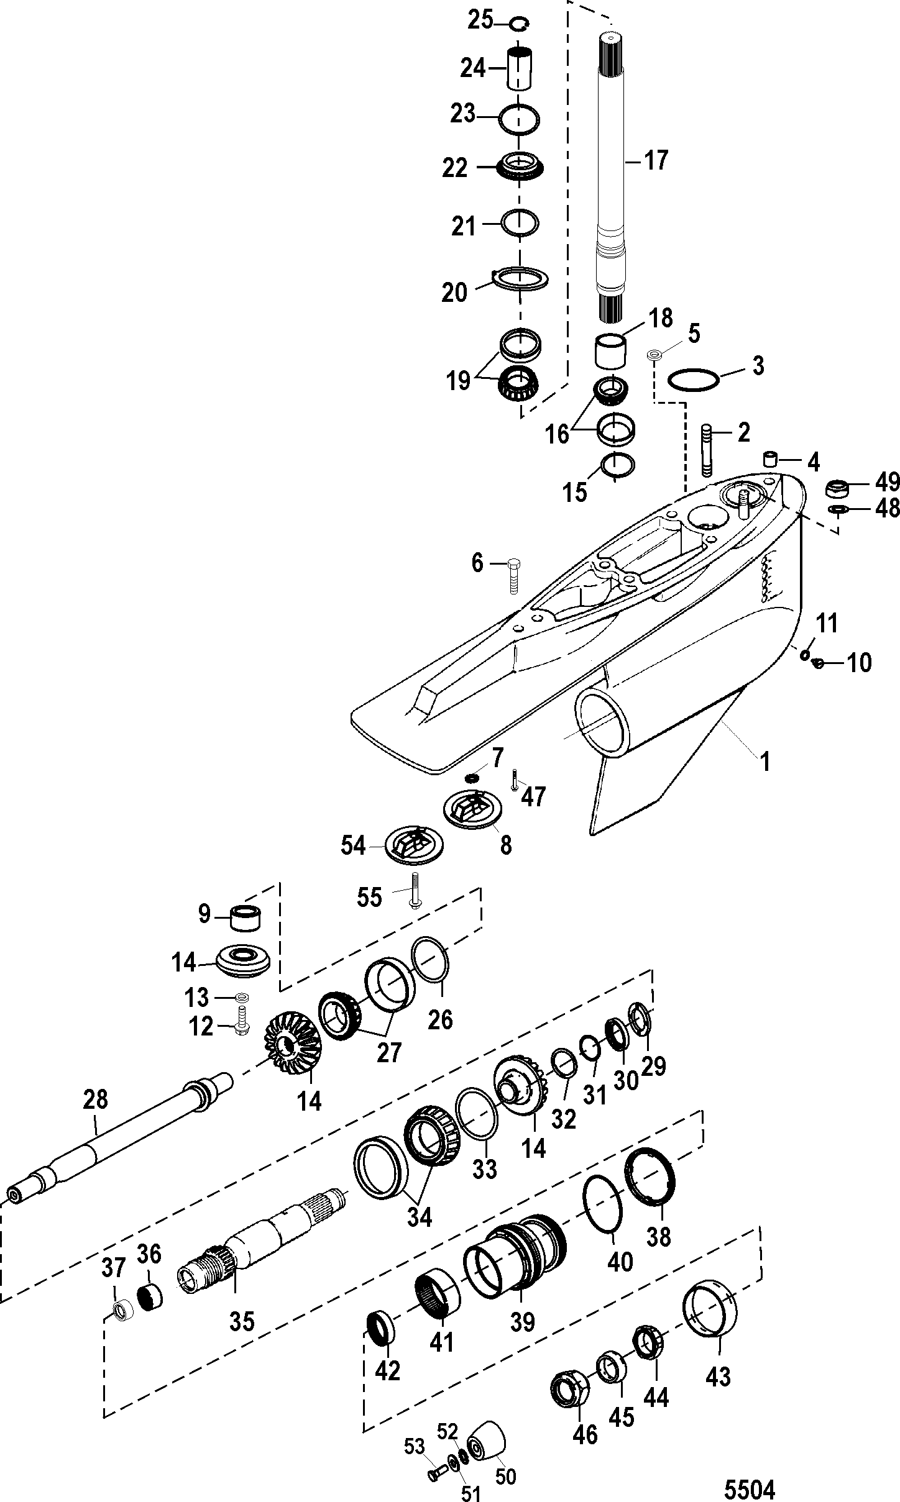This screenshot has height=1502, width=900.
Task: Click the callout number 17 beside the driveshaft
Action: (655, 161)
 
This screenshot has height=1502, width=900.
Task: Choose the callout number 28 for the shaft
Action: (96, 1099)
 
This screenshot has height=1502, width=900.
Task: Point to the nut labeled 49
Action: (838, 489)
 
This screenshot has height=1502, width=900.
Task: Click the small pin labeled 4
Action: (771, 460)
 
